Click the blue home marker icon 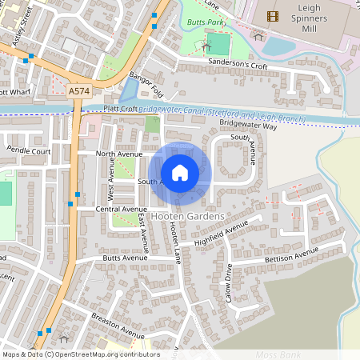pyautogui.click(x=180, y=172)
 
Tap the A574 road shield pyautogui.click(x=78, y=92)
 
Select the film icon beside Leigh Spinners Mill pyautogui.click(x=274, y=15)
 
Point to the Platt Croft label pyautogui.click(x=120, y=109)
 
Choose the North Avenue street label pyautogui.click(x=118, y=153)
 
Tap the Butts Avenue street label pyautogui.click(x=125, y=258)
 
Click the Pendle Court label pyautogui.click(x=29, y=150)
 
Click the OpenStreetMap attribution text pyautogui.click(x=81, y=354)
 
